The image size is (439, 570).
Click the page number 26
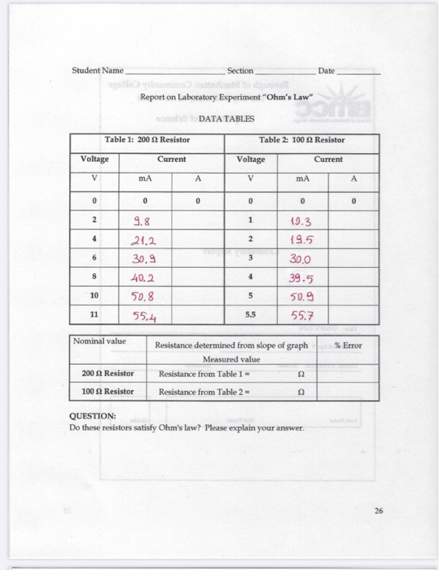coord(378,512)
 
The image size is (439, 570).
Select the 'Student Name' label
coord(97,71)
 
